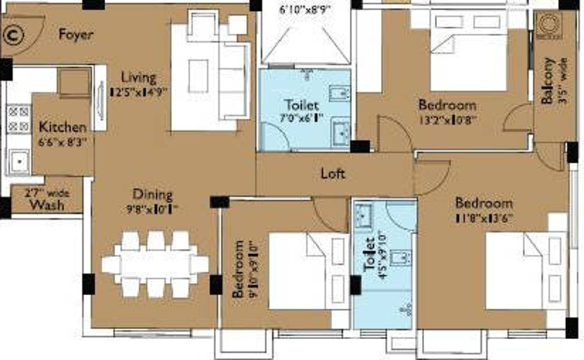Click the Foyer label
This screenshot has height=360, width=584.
pos(76,35)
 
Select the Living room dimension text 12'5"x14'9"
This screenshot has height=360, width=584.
pos(139,92)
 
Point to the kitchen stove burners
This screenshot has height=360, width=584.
pos(18,119)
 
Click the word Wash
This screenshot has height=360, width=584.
pos(47,205)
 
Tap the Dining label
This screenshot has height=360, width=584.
pos(152,194)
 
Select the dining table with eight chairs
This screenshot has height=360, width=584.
pos(155,264)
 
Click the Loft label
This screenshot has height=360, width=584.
pos(333,174)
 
